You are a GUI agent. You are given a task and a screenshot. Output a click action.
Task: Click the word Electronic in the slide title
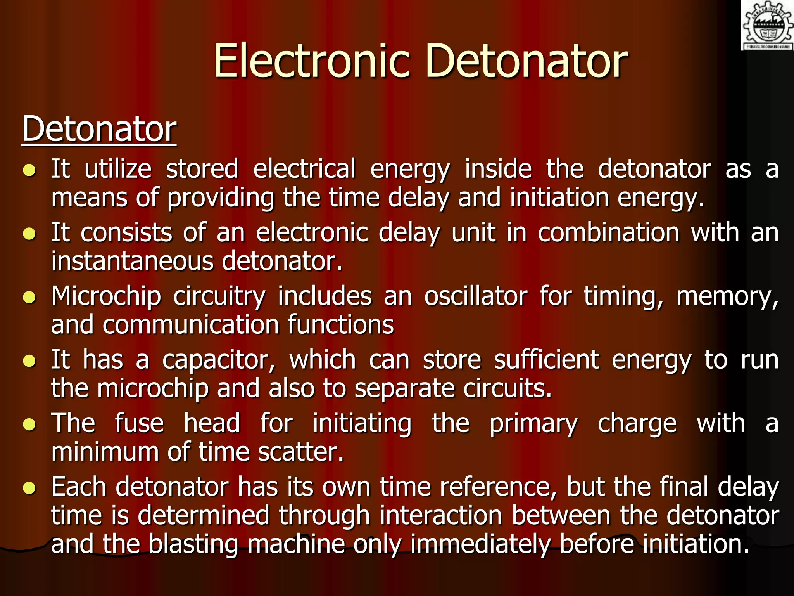(x=312, y=61)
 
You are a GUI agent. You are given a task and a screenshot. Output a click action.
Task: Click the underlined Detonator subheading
(x=99, y=129)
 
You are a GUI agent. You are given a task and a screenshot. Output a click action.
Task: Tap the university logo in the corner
(x=767, y=25)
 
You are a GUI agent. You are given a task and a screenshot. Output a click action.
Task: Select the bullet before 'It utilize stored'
(x=29, y=170)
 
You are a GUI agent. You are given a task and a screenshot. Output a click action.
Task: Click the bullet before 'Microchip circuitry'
(x=29, y=297)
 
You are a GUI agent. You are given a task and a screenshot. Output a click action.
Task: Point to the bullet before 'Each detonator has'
(x=29, y=488)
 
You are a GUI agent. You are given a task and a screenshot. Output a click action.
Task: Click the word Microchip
(x=106, y=297)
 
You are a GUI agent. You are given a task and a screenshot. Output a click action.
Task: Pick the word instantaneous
(x=132, y=261)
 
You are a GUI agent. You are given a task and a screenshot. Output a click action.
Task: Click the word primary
(x=533, y=424)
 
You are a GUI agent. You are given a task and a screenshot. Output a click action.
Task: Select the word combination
(x=608, y=233)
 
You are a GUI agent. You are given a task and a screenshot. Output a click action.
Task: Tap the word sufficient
(x=546, y=360)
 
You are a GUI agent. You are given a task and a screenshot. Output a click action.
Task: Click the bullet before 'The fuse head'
(x=29, y=424)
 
